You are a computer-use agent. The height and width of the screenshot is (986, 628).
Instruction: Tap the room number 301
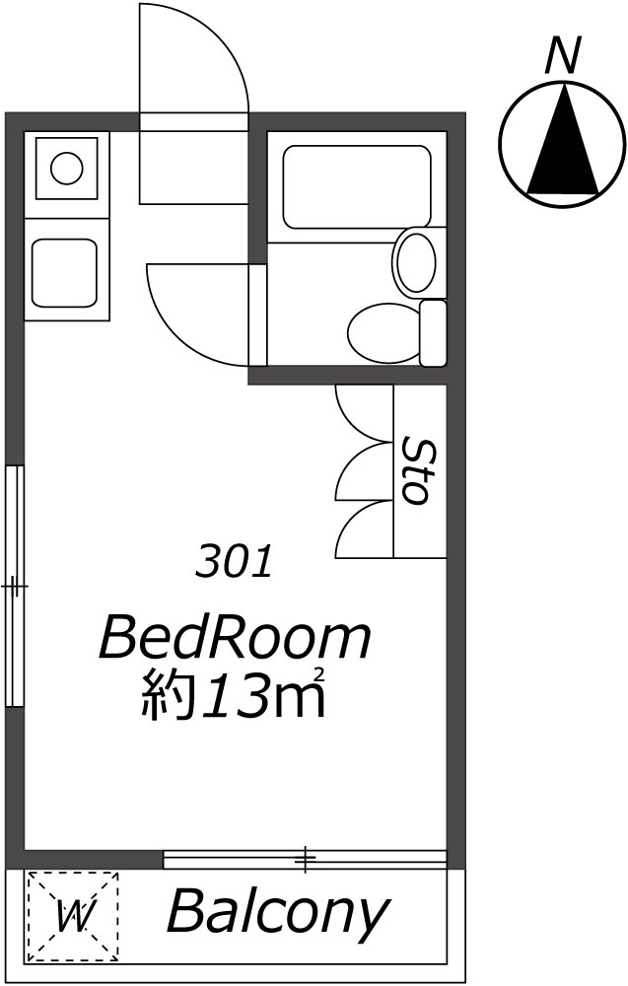pos(235,562)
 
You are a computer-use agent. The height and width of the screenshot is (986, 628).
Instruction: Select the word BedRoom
pos(236,639)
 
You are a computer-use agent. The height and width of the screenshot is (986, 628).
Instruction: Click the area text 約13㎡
pos(234,696)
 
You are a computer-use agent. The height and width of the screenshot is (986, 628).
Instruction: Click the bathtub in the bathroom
pos(356,186)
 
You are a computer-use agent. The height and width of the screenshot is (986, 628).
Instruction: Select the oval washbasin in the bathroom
pos(415,261)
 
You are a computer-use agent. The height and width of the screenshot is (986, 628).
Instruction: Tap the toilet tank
pos(434,333)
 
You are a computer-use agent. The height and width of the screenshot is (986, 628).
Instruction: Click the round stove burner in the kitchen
pos(67,168)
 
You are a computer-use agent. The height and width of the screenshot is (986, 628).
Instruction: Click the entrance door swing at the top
pos(193,59)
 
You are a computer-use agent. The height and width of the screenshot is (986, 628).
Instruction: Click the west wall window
pos(14,586)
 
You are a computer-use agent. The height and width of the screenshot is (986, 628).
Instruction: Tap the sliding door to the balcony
pos(306,860)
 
